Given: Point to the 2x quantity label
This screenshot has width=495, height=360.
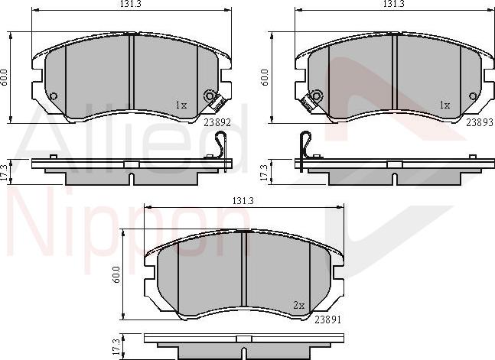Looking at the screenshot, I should pos(298,305).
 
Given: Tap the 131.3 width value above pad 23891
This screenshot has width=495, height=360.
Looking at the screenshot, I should pos(242,200).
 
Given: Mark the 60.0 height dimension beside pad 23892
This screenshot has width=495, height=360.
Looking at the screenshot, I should pos(5,76).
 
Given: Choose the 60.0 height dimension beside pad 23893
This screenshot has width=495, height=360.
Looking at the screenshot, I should pos(265,76).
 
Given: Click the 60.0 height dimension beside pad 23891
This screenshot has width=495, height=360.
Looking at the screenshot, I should pos(117,274).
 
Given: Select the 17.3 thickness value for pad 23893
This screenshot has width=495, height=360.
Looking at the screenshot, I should pos(265,171).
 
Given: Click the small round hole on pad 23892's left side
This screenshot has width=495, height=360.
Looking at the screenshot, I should pos(53,96).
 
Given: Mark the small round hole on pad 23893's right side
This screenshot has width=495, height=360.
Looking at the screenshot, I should pos(472,96).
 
